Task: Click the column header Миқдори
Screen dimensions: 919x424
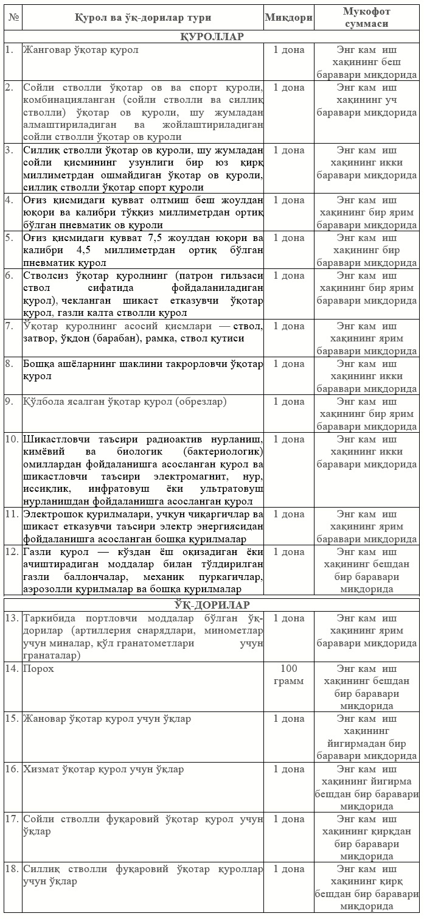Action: [289, 18]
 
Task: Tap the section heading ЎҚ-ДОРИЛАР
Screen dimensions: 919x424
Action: [212, 605]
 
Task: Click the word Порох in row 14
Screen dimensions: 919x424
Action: [38, 668]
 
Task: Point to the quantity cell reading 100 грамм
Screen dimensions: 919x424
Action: [289, 674]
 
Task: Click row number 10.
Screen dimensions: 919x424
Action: [12, 439]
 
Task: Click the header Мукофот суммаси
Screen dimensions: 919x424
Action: [367, 18]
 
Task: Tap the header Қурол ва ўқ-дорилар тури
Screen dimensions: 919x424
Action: [143, 18]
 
